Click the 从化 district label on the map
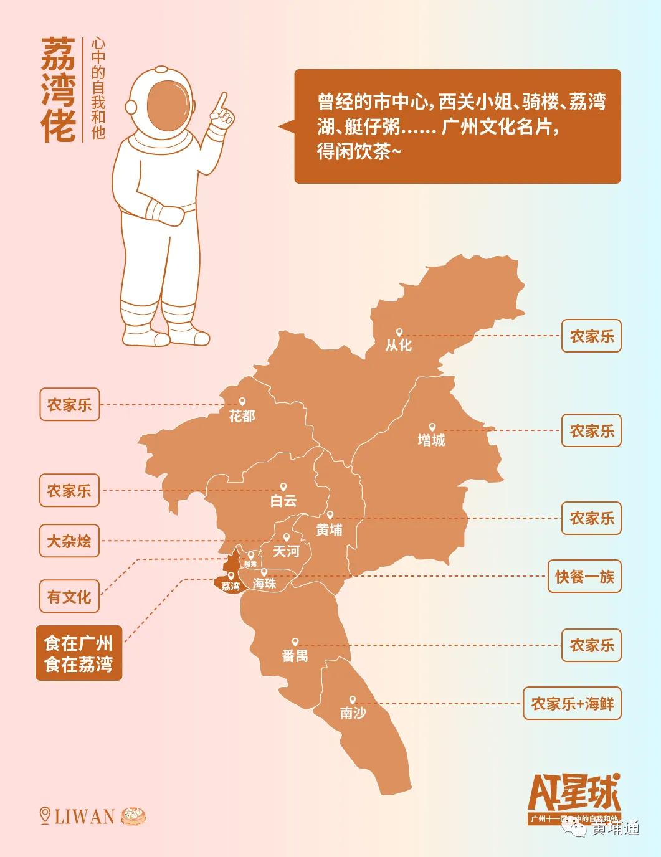[x=399, y=345]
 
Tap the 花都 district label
[x=242, y=415]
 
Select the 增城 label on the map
[x=431, y=440]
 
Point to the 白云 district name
[x=283, y=500]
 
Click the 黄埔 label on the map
[x=329, y=530]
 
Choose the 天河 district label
[x=286, y=551]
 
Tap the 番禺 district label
[x=295, y=655]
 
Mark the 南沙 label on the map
[x=353, y=713]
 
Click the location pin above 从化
[x=399, y=333]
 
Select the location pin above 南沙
[x=353, y=700]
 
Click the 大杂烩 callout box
[x=69, y=541]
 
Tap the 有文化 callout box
[x=69, y=597]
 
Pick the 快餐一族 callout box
[x=584, y=577]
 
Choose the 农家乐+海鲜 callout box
[x=572, y=704]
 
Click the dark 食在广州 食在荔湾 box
[x=78, y=653]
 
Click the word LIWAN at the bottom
[x=85, y=817]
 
